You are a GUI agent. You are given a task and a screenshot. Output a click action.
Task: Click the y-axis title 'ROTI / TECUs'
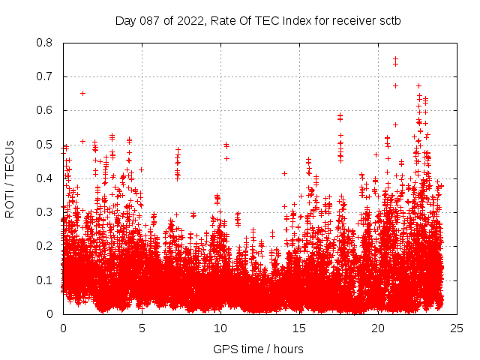click(x=10, y=178)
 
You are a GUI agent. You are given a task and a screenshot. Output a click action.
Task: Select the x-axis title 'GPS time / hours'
click(x=258, y=349)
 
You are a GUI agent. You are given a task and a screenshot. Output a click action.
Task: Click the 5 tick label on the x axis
click(x=142, y=328)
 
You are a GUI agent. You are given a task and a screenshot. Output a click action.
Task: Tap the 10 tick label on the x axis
click(x=220, y=328)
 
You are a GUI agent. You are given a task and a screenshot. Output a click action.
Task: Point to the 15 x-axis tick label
click(x=299, y=328)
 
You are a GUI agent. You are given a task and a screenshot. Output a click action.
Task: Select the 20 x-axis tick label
click(x=378, y=328)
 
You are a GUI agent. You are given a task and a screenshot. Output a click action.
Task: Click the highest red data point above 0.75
click(x=395, y=58)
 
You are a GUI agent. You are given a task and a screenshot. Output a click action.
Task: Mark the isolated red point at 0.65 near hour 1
click(x=82, y=93)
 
